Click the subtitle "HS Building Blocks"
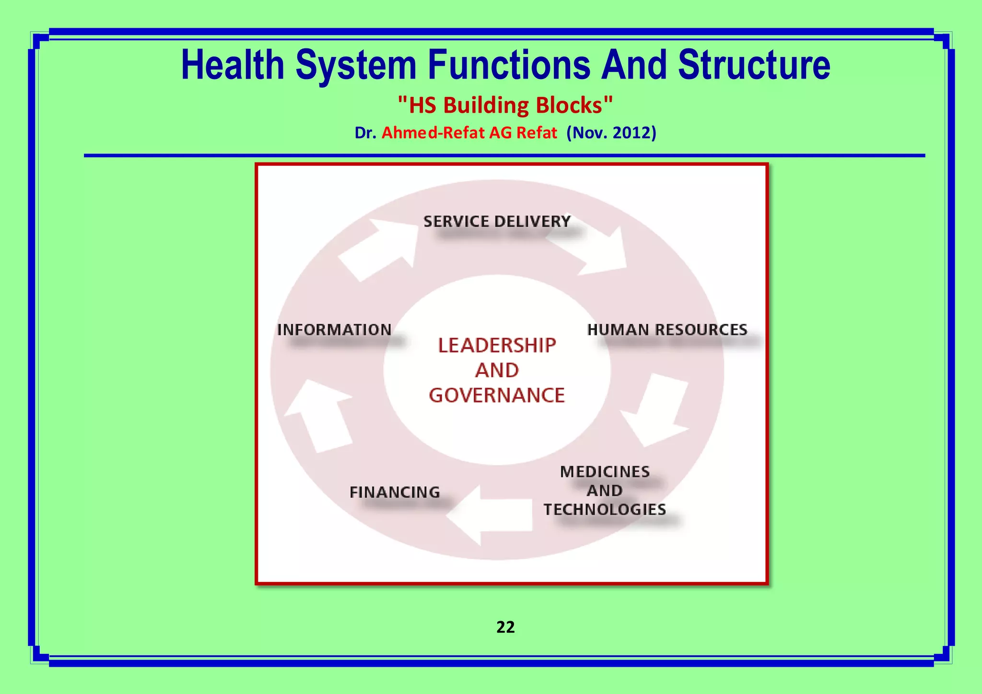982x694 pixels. point(505,105)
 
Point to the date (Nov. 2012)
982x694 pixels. point(611,133)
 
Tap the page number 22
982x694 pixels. point(505,627)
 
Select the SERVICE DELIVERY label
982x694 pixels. point(497,221)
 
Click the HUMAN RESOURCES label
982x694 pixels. point(667,330)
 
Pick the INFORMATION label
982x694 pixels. point(334,330)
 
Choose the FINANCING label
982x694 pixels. point(394,492)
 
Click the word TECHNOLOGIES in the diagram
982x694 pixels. point(605,509)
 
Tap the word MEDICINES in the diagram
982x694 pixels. point(605,472)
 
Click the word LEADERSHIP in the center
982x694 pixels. point(497,346)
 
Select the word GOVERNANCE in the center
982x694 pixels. point(497,395)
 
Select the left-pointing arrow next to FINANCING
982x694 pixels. point(491,515)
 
